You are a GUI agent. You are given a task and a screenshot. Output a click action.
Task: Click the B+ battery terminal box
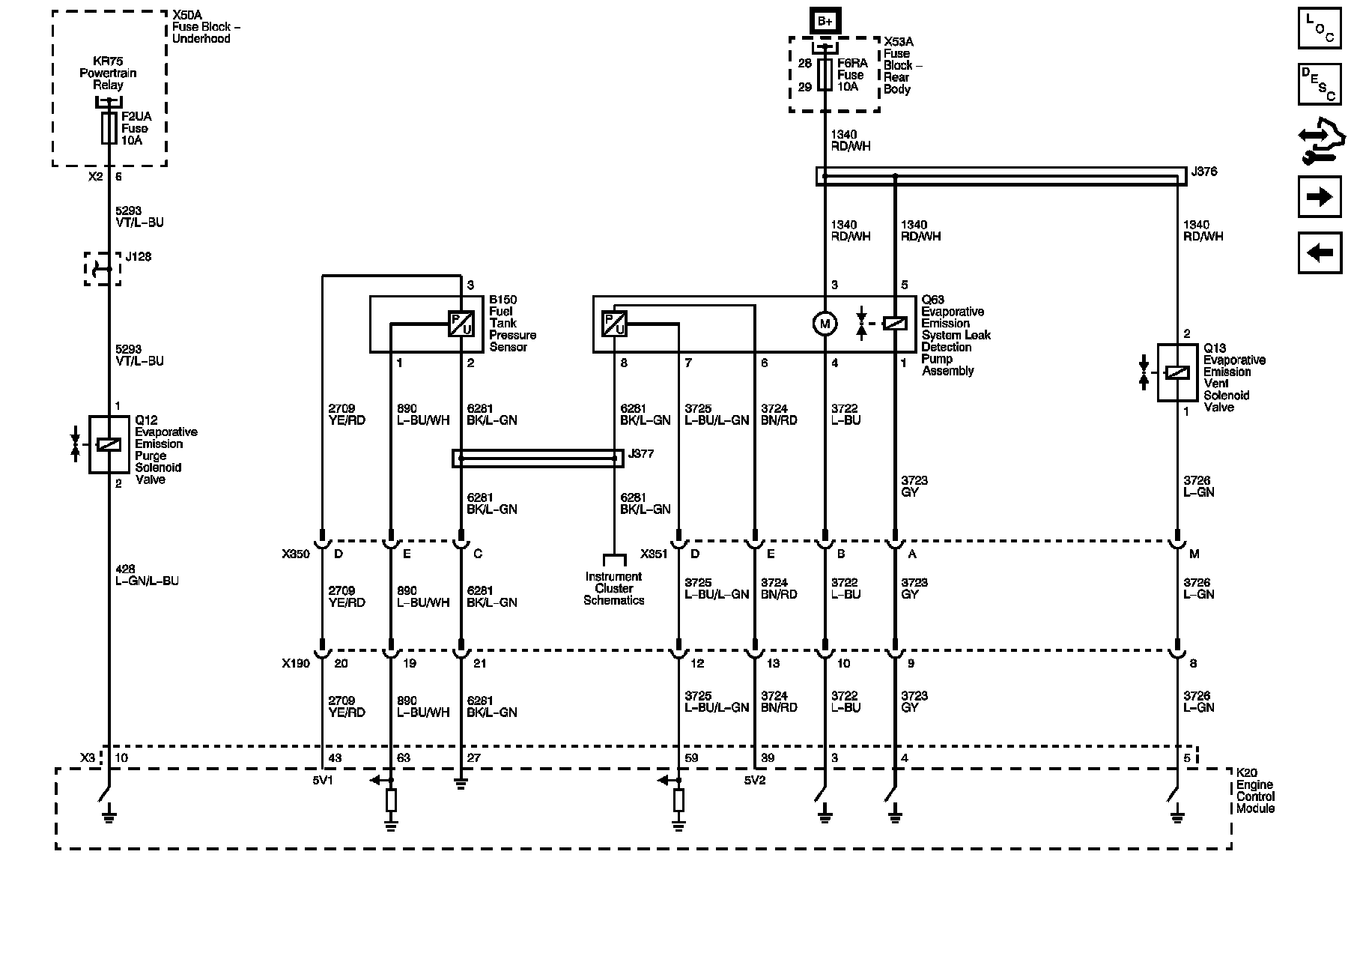point(825,21)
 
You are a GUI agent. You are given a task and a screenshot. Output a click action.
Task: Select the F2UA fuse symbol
point(109,128)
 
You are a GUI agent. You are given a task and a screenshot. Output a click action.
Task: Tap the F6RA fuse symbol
point(825,75)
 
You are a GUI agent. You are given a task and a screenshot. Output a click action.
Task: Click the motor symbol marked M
point(825,324)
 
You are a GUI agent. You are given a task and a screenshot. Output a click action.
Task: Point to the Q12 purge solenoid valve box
point(109,444)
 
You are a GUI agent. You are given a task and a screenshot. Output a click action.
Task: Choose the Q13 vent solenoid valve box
point(1177,372)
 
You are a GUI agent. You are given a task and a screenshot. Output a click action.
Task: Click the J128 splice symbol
point(103,269)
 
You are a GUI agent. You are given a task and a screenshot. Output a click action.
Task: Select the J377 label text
point(642,454)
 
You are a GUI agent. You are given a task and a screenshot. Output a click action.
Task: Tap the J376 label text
point(1203,172)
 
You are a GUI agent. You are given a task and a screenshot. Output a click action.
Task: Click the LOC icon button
point(1320,28)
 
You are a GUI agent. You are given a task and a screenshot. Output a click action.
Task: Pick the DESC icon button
point(1320,84)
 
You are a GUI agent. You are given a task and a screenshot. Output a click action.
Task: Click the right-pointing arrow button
point(1320,197)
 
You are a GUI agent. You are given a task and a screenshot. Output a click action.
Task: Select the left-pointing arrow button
point(1320,253)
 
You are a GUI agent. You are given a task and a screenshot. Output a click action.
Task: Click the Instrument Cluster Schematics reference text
point(614,588)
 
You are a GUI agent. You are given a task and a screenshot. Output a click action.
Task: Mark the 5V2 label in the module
point(755,780)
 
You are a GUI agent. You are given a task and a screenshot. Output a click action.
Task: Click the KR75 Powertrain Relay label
point(108,73)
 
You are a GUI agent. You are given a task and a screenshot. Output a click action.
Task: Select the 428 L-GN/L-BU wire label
point(146,575)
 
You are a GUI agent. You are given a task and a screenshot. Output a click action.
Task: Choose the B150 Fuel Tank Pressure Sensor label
point(513,323)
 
